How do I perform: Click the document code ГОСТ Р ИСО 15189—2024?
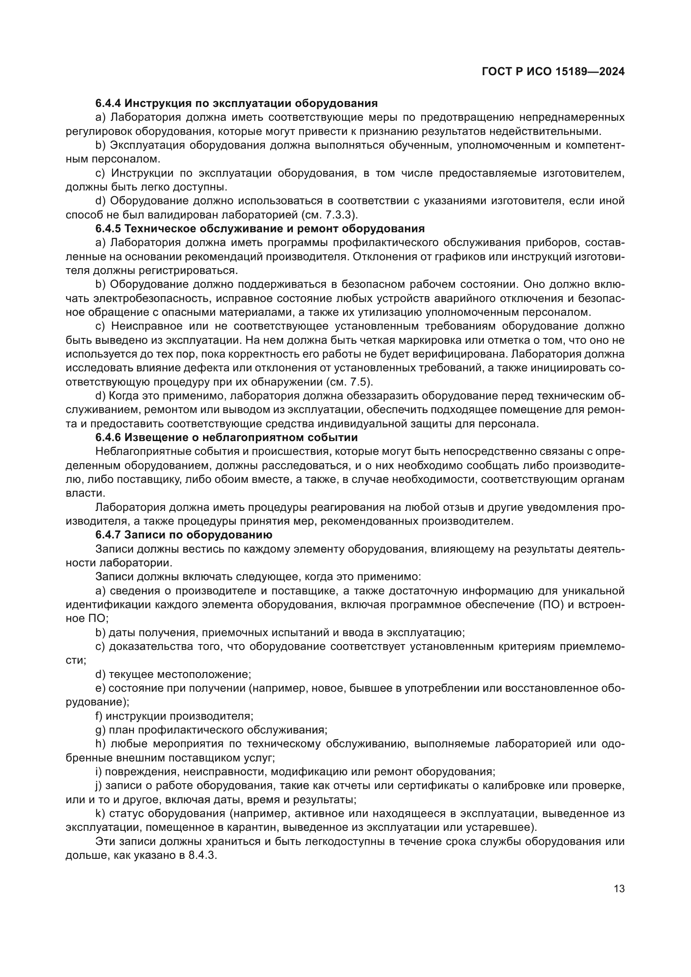click(x=553, y=72)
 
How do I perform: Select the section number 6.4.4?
click(x=108, y=104)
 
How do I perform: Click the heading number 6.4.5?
click(x=108, y=229)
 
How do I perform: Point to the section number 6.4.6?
click(x=108, y=437)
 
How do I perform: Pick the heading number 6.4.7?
click(x=108, y=535)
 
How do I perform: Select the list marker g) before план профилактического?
click(x=100, y=730)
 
